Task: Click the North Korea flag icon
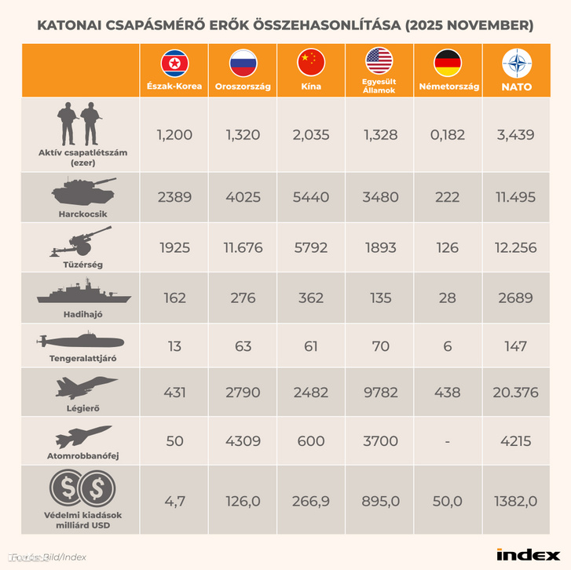point(174,63)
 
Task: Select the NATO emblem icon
point(516,63)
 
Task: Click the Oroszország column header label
point(243,87)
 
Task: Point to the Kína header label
point(311,87)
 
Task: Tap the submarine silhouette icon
point(81,342)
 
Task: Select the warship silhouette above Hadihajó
point(81,293)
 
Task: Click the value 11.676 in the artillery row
point(243,248)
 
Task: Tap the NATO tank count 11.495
point(516,197)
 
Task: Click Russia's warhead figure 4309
point(243,440)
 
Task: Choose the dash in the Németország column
point(448,441)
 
